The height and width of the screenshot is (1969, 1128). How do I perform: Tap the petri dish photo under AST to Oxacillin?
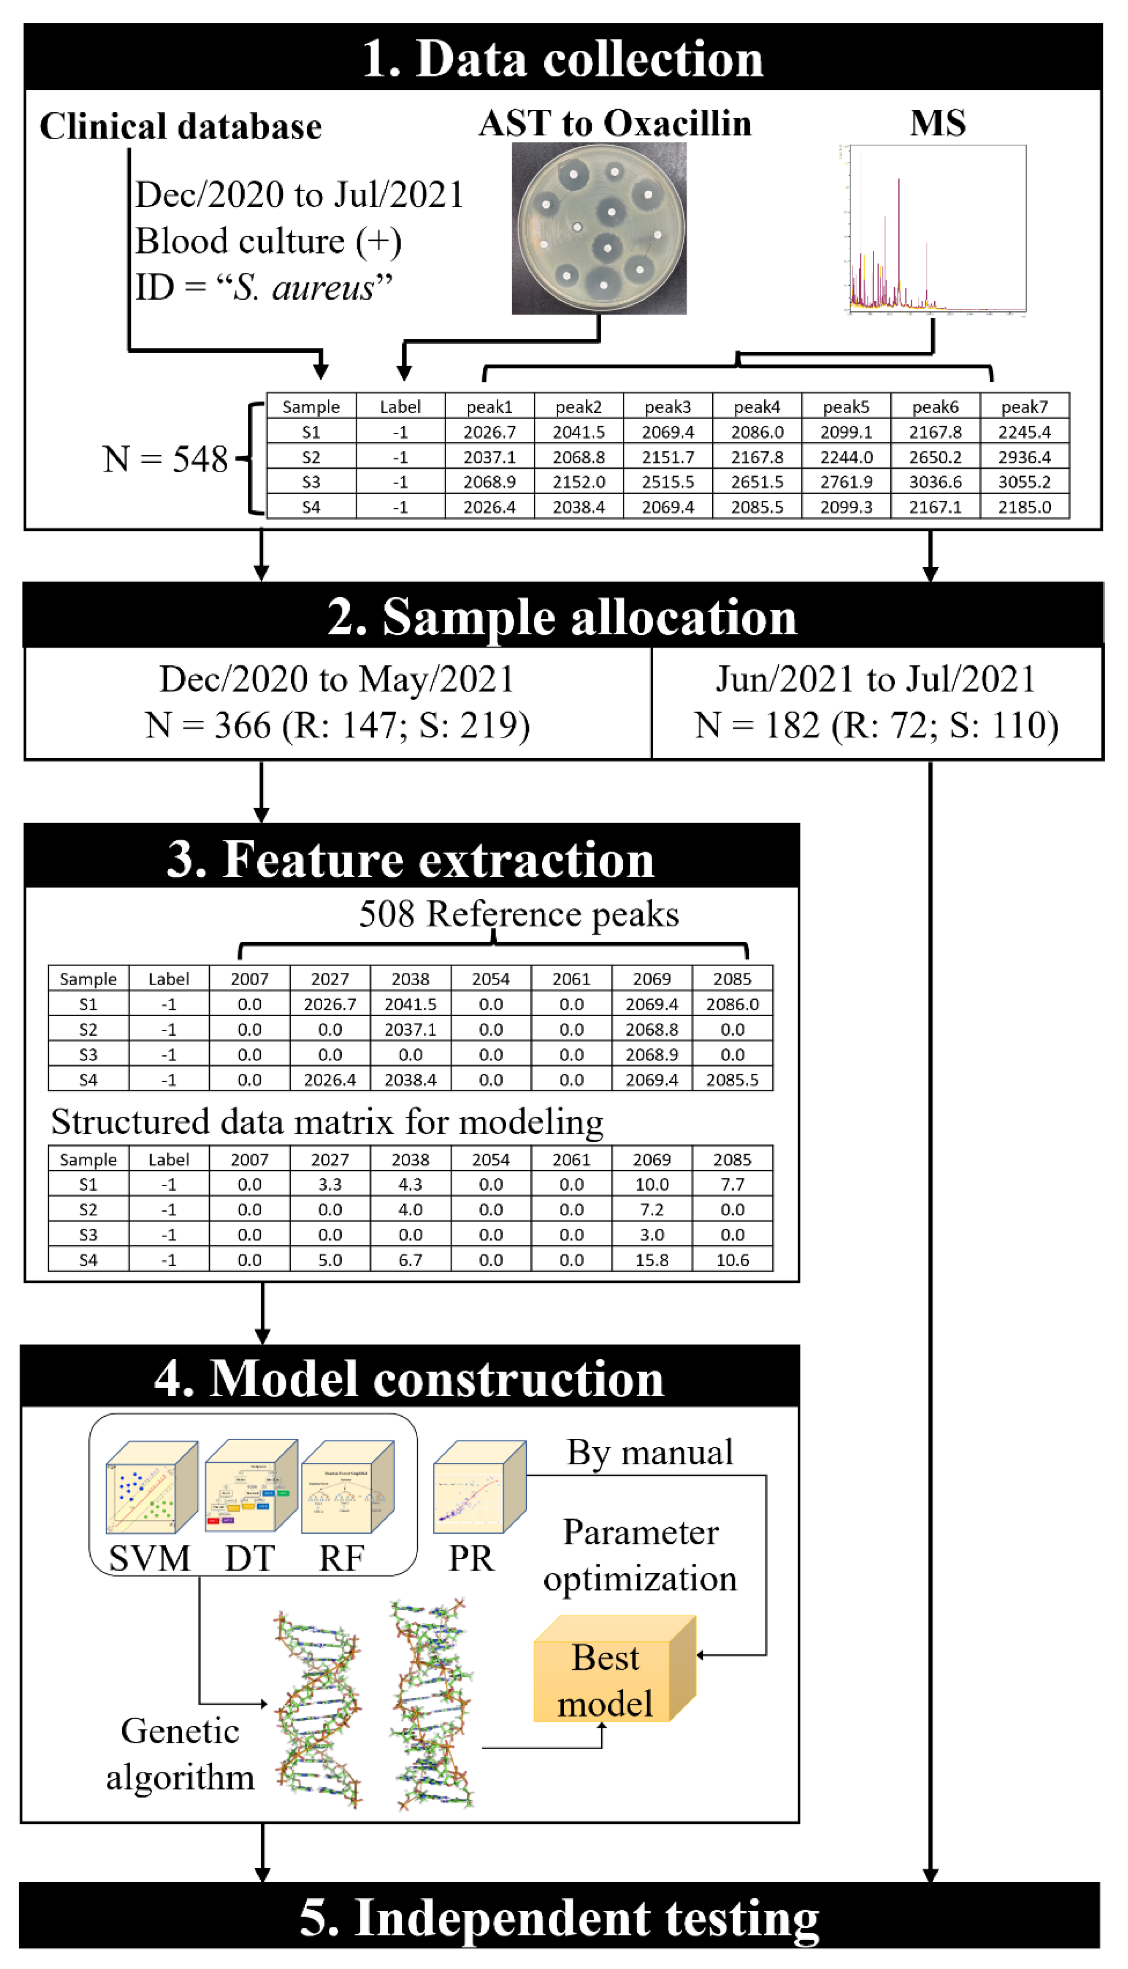click(599, 228)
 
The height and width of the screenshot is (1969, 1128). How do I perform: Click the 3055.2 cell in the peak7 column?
click(1024, 482)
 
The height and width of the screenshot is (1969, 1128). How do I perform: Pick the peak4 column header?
click(757, 407)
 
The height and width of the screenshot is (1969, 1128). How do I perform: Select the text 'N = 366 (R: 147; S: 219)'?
click(338, 726)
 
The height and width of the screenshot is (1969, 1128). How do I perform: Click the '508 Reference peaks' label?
click(518, 914)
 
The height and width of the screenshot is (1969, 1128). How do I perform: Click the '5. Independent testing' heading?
click(560, 1917)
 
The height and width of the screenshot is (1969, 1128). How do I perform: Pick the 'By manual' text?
click(649, 1452)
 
